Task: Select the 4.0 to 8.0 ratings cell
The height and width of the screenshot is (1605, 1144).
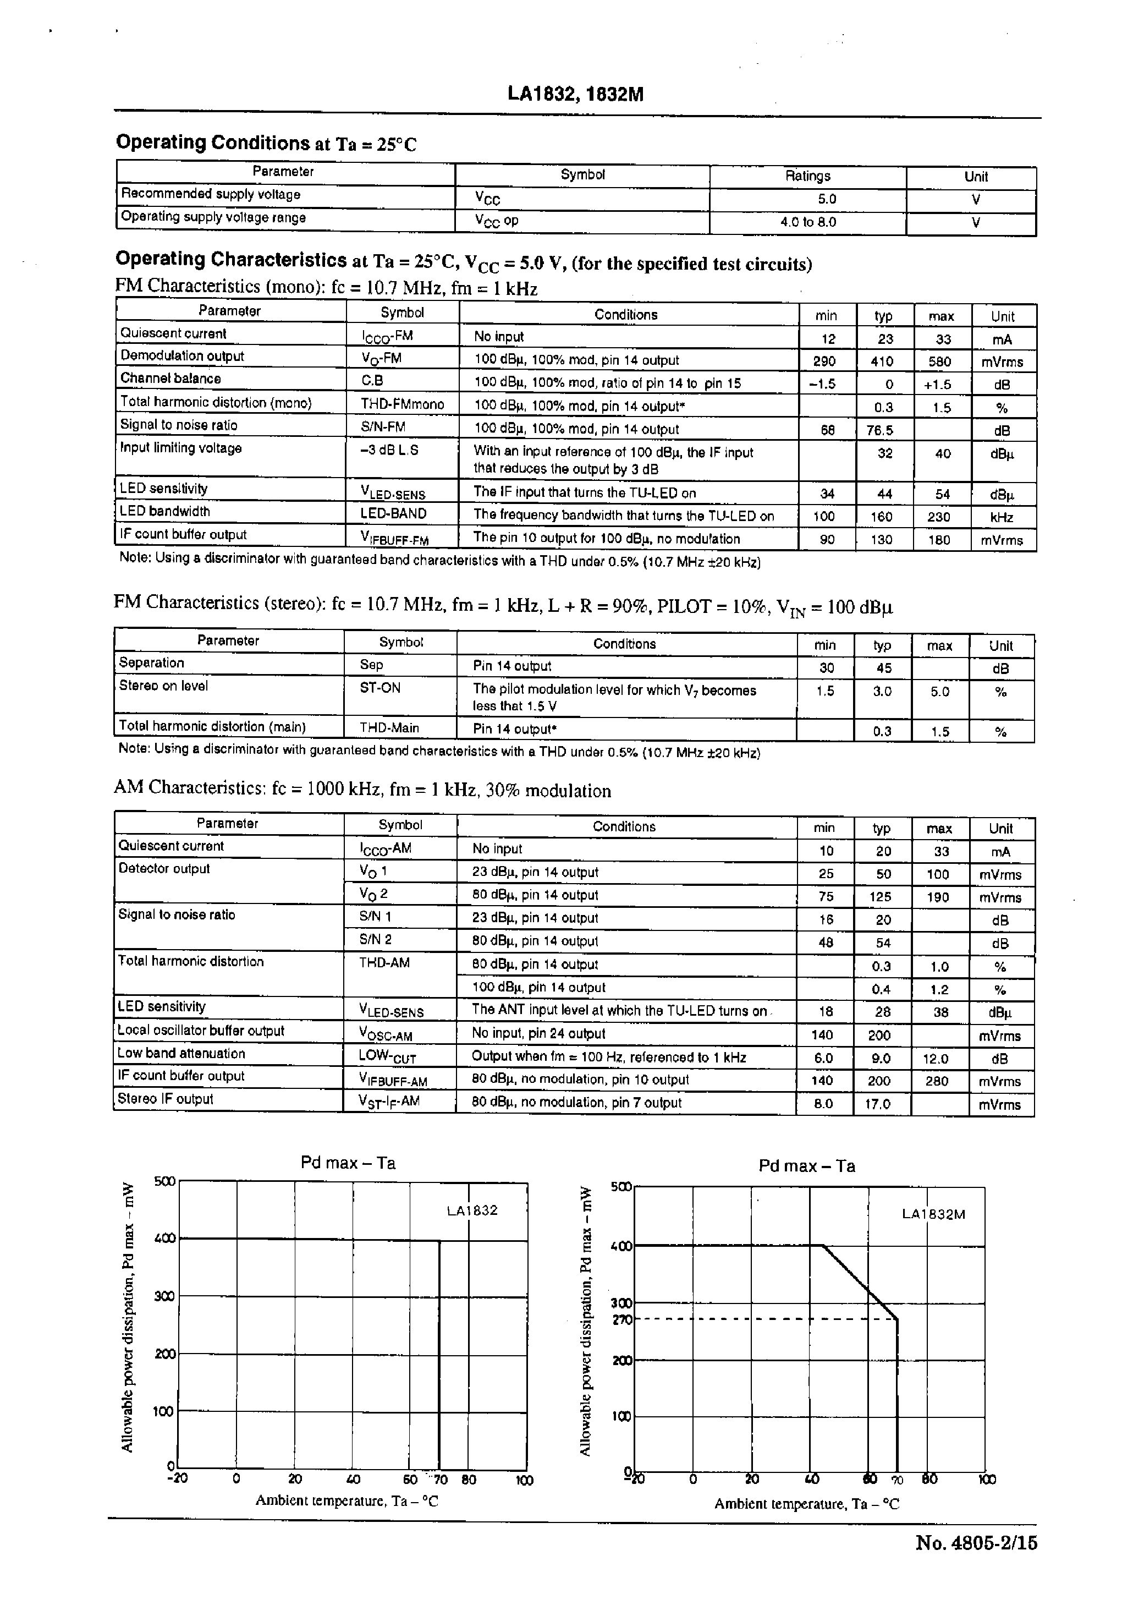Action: [x=807, y=222]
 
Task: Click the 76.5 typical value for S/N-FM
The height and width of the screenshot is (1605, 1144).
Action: [x=880, y=429]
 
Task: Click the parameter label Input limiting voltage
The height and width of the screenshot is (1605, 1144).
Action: [x=180, y=448]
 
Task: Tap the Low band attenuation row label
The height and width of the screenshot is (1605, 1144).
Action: [x=181, y=1053]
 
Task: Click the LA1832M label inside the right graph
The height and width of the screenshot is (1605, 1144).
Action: [x=933, y=1214]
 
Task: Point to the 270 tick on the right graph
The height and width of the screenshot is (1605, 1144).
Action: [x=622, y=1319]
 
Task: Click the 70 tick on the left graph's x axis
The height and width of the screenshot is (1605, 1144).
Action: [x=441, y=1480]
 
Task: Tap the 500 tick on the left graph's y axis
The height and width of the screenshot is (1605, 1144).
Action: [x=164, y=1181]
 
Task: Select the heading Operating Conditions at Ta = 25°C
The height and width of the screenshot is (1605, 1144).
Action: [x=266, y=143]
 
